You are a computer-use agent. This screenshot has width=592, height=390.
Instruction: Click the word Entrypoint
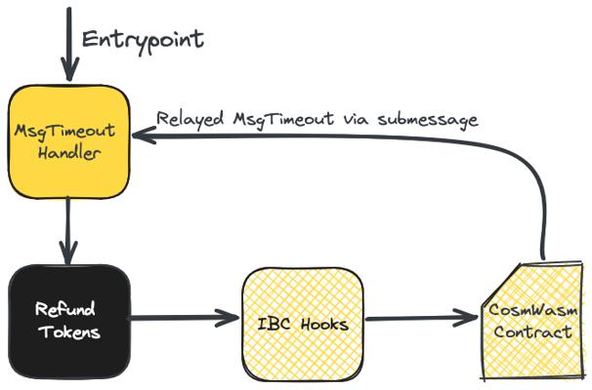[x=143, y=41]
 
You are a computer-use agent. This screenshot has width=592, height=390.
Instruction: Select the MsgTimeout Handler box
[x=69, y=141]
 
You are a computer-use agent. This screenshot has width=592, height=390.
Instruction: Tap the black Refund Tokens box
[x=69, y=322]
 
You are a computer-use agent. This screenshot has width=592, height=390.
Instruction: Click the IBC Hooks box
[x=303, y=324]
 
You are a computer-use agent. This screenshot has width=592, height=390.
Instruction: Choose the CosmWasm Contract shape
[x=532, y=321]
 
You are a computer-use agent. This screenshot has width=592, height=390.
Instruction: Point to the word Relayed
[x=190, y=119]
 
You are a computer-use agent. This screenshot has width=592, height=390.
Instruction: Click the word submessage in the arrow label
[x=428, y=120]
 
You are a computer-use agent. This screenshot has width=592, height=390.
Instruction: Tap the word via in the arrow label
[x=358, y=119]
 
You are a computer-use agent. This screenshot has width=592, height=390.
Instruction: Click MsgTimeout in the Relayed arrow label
[x=283, y=120]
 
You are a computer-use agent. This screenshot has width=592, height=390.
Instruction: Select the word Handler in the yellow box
[x=69, y=153]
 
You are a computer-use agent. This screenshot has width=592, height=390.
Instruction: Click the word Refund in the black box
[x=64, y=309]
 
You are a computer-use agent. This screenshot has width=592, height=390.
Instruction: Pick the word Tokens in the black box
[x=69, y=332]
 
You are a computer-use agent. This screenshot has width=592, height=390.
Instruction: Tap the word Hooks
[x=324, y=324]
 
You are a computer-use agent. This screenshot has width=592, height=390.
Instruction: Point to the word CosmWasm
[x=533, y=310]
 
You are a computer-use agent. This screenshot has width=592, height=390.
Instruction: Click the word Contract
[x=533, y=332]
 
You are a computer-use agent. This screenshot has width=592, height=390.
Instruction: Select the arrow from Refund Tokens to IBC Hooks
[x=185, y=318]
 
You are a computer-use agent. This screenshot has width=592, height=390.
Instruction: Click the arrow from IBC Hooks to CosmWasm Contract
[x=422, y=319]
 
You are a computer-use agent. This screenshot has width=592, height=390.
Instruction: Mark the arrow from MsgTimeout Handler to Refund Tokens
[x=68, y=231]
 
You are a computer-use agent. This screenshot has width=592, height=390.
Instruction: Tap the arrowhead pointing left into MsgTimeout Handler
[x=144, y=136]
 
